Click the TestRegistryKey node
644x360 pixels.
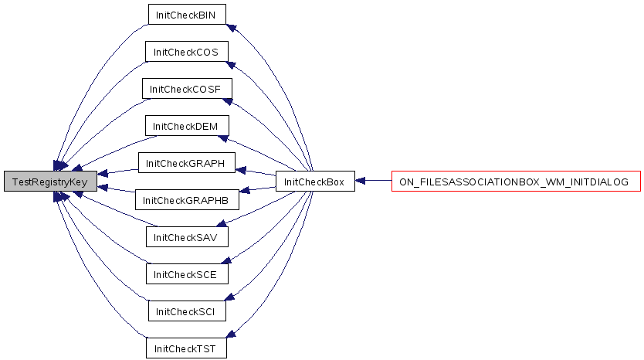50,182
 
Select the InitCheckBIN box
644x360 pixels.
187,15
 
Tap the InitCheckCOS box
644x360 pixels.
186,51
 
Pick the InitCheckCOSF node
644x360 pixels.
187,88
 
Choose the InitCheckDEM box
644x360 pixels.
187,126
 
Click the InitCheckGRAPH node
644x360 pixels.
186,163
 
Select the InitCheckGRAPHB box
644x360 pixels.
187,200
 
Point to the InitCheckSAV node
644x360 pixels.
187,236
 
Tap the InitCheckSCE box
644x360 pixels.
187,273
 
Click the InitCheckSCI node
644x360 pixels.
187,311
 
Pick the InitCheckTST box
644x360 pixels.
186,348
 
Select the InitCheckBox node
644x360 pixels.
315,182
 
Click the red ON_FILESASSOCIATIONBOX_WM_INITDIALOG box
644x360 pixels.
516,182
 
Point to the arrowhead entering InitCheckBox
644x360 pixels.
360,181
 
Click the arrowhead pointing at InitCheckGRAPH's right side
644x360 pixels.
241,170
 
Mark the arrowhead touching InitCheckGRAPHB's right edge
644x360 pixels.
244,190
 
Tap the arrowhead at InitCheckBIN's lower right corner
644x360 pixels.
231,28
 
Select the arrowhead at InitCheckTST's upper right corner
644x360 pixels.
231,334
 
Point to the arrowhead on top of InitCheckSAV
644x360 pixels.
222,223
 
